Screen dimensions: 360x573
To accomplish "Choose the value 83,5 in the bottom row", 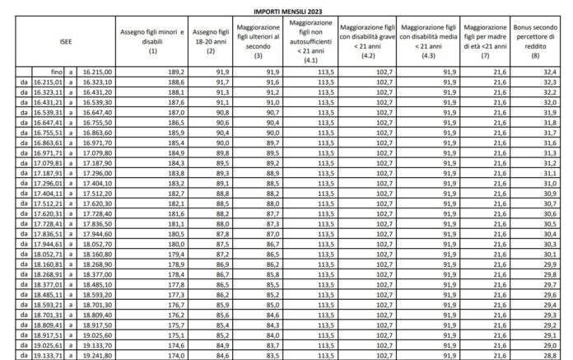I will (x=272, y=356).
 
